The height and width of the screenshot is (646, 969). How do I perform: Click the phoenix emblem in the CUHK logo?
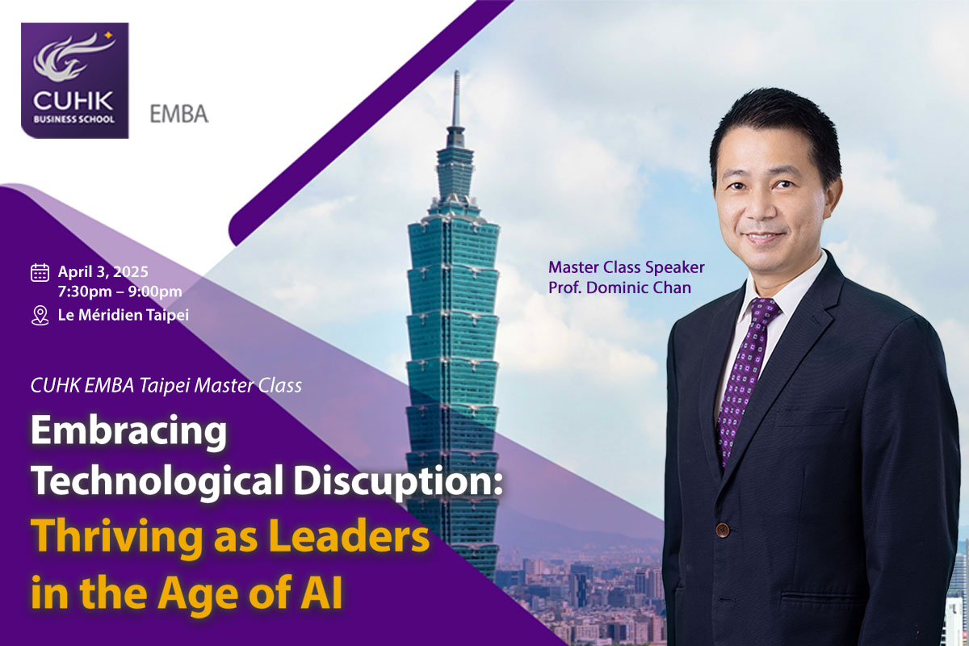[69, 58]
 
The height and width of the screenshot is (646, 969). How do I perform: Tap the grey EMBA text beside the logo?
[179, 114]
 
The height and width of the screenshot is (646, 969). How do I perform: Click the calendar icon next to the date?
[40, 273]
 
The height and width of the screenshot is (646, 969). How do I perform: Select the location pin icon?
[40, 316]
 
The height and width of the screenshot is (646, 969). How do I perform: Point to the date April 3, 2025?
[103, 272]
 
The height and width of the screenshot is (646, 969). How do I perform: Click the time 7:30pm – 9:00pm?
[120, 292]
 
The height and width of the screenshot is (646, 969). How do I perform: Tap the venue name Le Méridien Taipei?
[124, 315]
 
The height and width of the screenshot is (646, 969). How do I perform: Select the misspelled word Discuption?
[398, 481]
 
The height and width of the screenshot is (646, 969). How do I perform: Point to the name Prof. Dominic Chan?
[619, 287]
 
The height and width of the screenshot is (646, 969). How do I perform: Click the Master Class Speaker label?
[627, 267]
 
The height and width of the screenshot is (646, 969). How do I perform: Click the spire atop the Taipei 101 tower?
[456, 99]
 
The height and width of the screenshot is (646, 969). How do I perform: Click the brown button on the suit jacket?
[722, 530]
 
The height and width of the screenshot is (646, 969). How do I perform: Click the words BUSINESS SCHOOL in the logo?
[74, 119]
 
